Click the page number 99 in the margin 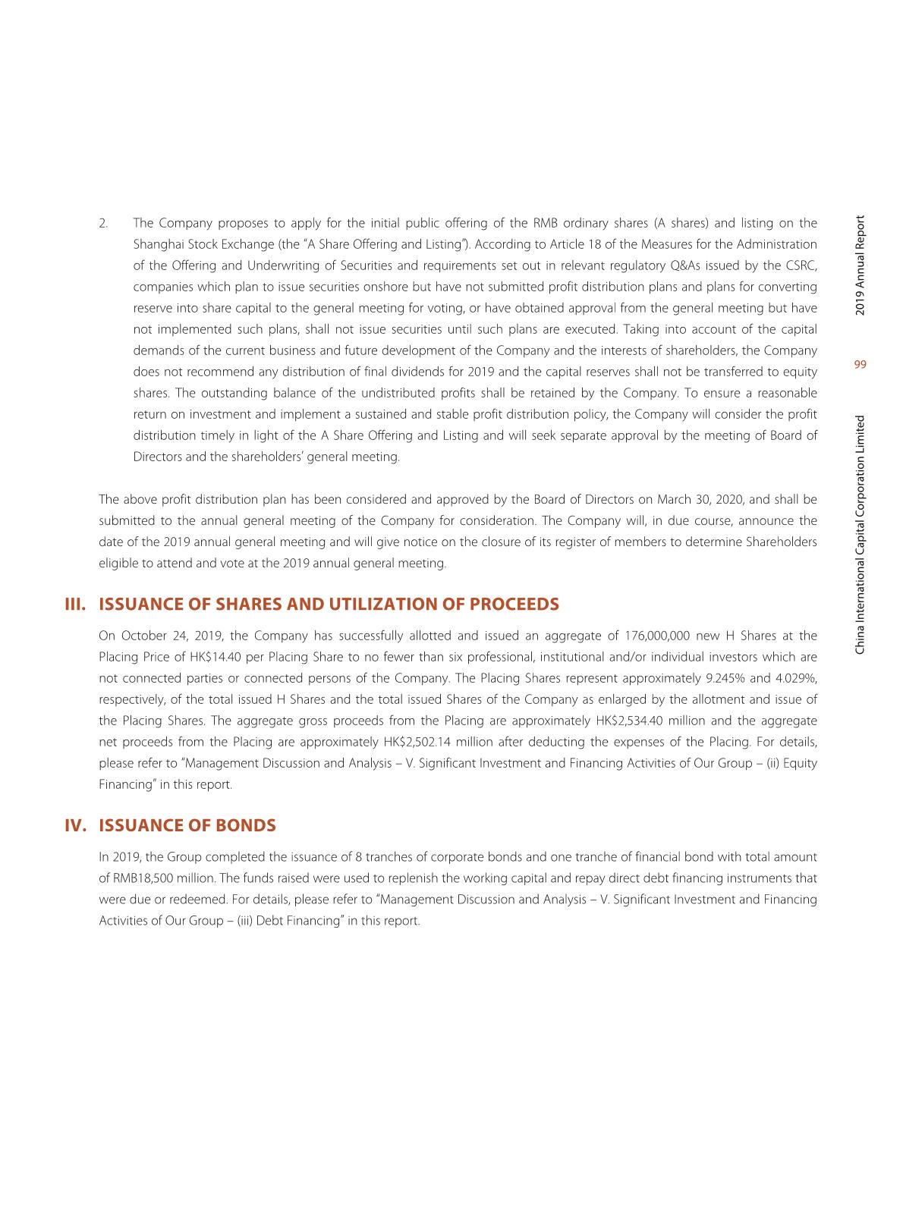[860, 365]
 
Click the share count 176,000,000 [657, 636]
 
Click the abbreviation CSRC [801, 265]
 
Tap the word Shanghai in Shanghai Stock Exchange [156, 244]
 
